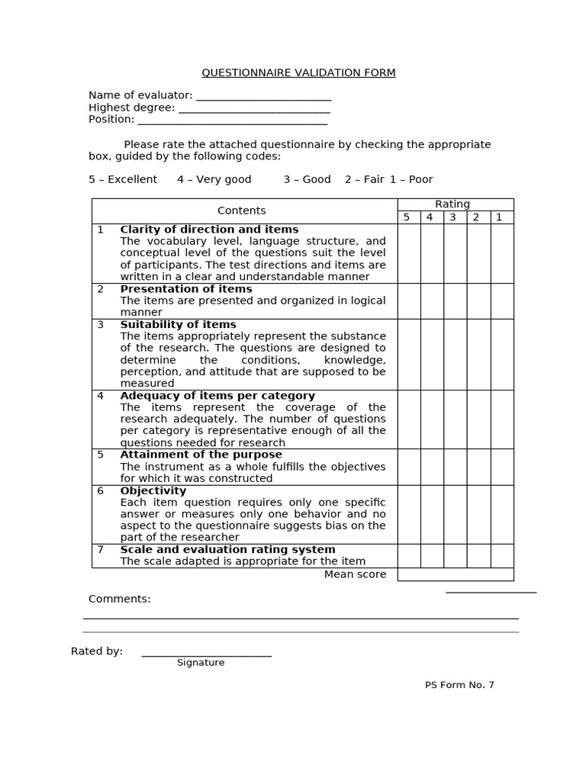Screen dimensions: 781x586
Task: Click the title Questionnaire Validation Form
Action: tap(298, 73)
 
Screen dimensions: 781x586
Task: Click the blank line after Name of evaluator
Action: tap(263, 97)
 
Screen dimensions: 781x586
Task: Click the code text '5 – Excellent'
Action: tap(123, 179)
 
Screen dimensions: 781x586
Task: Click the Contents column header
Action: tap(242, 211)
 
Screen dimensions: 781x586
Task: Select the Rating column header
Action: tap(452, 204)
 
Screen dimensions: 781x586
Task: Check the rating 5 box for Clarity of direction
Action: tap(408, 253)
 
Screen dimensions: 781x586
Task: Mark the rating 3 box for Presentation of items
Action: tap(455, 301)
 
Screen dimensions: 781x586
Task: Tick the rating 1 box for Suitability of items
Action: tap(501, 354)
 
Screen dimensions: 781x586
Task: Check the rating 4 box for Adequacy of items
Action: tap(432, 419)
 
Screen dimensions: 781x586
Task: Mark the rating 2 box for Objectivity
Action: tap(478, 514)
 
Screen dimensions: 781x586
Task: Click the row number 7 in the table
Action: tap(100, 550)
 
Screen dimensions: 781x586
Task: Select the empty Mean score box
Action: tap(455, 574)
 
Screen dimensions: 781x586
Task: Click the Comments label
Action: tap(120, 599)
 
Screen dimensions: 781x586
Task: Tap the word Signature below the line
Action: tap(201, 663)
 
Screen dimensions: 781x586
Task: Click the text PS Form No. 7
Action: tap(459, 685)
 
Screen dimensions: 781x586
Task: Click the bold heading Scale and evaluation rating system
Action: tap(227, 550)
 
